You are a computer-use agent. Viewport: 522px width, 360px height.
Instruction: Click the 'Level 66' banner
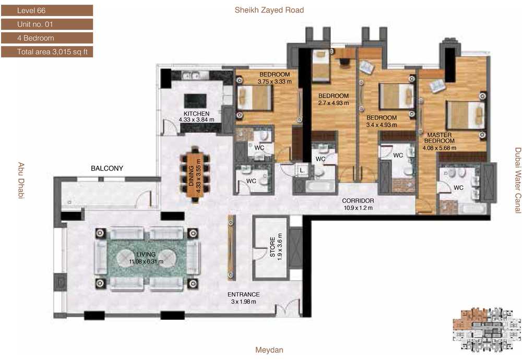point(47,10)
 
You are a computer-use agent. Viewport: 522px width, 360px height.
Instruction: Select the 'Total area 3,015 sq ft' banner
point(47,52)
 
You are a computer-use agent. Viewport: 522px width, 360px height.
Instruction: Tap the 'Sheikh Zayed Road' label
point(269,10)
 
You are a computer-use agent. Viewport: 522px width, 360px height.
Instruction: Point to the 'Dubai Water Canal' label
point(518,180)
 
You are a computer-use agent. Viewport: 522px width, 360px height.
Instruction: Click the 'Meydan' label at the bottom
point(269,350)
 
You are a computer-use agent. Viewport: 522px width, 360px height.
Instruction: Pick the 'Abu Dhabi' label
point(21,181)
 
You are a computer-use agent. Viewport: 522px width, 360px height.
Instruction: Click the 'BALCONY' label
point(107,169)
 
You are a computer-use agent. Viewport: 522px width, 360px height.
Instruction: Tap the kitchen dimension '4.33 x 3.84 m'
point(196,119)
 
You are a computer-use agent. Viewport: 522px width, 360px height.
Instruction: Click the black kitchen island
point(195,101)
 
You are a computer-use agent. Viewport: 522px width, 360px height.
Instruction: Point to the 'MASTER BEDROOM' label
point(440,138)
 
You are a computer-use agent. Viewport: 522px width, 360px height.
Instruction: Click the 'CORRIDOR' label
point(358,201)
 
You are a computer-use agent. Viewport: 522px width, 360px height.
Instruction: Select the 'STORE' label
point(272,247)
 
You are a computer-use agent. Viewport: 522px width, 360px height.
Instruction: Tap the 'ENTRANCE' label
point(243,294)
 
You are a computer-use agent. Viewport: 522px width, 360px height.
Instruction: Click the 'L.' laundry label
point(302,171)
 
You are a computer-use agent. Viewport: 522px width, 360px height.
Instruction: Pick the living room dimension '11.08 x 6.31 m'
point(146,261)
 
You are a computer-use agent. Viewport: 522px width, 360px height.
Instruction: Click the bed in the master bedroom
point(466,115)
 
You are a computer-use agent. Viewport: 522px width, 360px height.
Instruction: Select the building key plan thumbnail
point(487,328)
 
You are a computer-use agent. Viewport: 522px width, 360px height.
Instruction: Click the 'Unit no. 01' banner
point(47,25)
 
